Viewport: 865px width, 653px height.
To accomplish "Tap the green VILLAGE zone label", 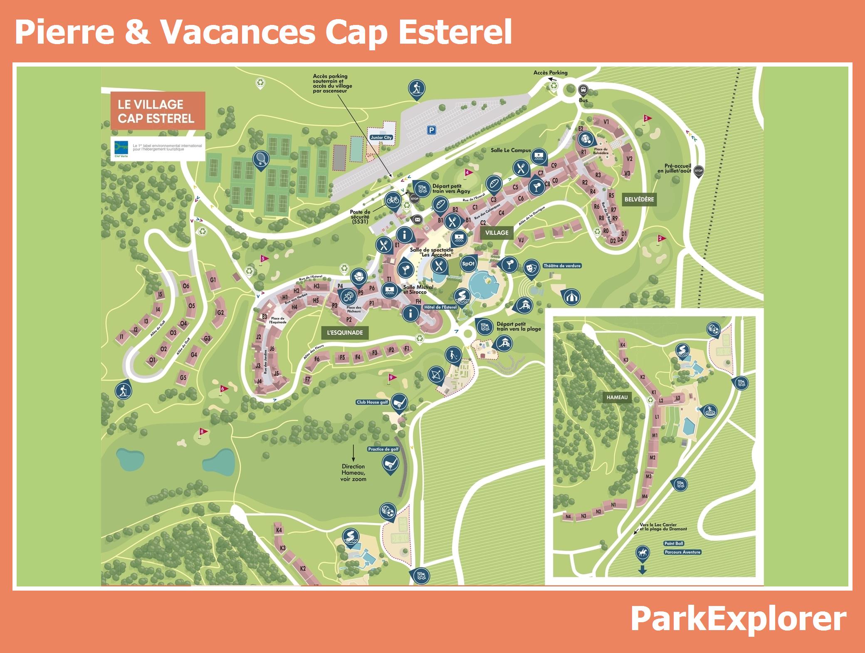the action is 497,233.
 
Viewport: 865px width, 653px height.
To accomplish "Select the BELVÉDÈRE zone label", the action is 639,199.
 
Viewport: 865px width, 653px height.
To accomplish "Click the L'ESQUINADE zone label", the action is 345,333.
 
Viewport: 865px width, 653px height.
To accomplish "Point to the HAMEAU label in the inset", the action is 617,397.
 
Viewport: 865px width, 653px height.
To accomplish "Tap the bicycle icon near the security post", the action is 393,200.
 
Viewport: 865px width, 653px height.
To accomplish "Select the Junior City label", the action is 381,137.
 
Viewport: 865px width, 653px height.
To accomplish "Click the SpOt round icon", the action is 468,263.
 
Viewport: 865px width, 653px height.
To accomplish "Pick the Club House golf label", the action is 372,402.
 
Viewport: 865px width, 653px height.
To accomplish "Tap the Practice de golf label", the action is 383,449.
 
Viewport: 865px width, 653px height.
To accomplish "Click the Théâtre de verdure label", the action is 562,266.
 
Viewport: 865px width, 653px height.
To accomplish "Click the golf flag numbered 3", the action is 646,118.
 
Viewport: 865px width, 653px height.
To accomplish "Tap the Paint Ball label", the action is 673,544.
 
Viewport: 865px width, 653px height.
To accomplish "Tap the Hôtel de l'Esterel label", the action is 440,307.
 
